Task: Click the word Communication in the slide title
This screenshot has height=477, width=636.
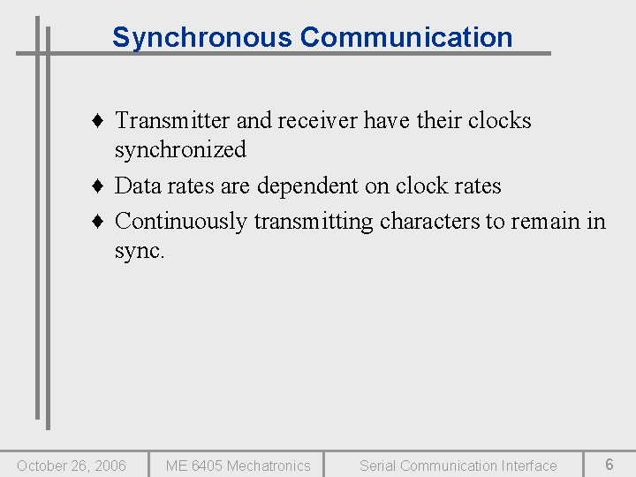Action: point(405,38)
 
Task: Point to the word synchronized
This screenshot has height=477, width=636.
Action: point(180,151)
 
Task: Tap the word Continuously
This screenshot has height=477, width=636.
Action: point(181,221)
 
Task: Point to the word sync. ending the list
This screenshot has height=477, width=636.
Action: point(140,251)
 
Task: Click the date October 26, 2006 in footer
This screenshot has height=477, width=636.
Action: point(72,466)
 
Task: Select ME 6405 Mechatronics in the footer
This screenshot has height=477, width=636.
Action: point(238,466)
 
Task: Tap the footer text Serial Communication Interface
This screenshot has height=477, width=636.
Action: point(458,466)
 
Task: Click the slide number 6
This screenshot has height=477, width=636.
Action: point(609,465)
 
